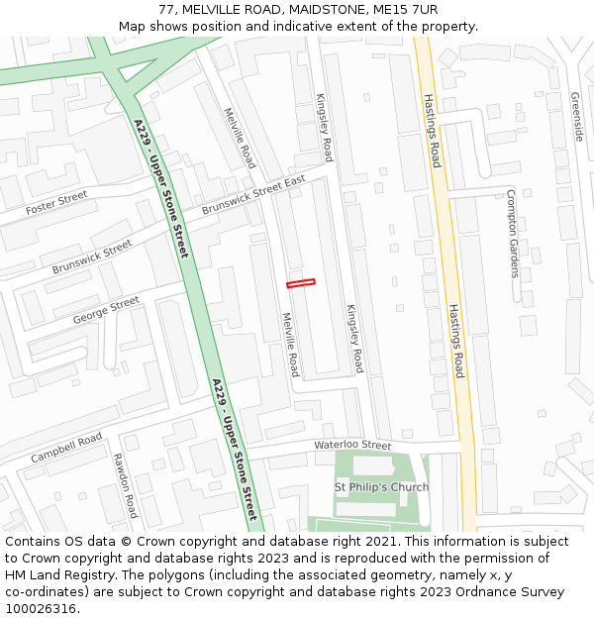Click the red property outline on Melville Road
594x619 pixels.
point(301,283)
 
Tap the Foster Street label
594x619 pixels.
point(56,204)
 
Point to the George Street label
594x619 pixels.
point(106,310)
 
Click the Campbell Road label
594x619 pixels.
point(66,448)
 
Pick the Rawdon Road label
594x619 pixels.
point(125,485)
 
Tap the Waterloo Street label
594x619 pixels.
point(352,446)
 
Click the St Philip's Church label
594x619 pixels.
point(381,487)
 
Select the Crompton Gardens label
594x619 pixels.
point(512,234)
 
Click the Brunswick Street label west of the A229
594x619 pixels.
point(92,257)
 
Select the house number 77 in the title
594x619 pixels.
point(165,10)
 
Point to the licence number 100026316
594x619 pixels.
point(39,609)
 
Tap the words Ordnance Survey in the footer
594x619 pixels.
point(515,592)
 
